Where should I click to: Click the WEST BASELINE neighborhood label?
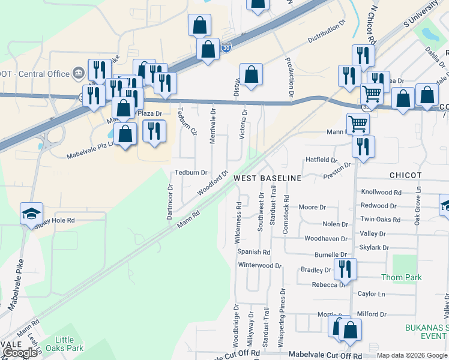tap(267, 179)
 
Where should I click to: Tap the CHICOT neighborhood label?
tap(405, 175)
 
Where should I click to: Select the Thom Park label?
tap(401, 277)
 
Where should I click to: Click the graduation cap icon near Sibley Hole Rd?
tap(31, 214)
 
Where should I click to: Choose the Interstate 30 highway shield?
tap(226, 47)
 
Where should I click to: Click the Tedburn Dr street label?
tap(191, 172)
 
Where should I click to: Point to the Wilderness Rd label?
tap(238, 222)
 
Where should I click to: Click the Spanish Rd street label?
tap(254, 252)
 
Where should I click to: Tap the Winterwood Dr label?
tap(259, 265)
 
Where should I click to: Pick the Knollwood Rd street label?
tap(381, 193)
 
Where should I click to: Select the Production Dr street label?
tap(289, 77)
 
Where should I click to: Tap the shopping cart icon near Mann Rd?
tap(358, 124)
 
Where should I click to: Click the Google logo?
tap(20, 353)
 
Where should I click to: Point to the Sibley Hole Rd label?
tap(55, 221)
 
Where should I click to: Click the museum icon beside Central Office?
tap(78, 74)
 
